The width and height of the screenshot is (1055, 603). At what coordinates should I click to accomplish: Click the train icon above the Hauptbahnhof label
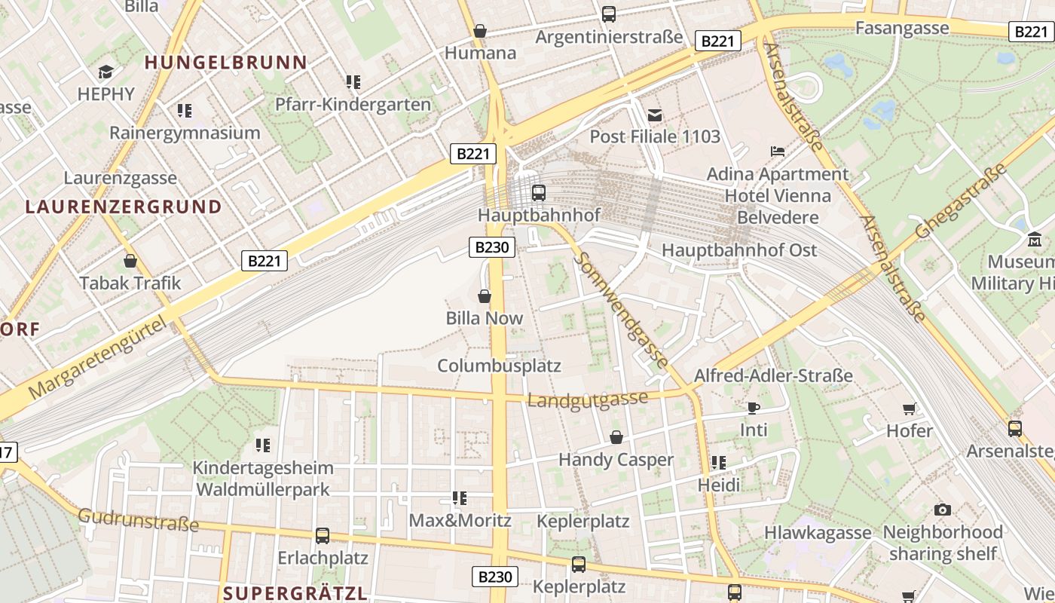pyautogui.click(x=538, y=192)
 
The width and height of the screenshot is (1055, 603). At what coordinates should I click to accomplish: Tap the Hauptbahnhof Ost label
pyautogui.click(x=738, y=250)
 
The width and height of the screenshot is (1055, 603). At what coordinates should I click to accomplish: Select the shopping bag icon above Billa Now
pyautogui.click(x=485, y=296)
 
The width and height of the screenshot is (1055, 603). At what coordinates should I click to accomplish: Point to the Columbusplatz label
pyautogui.click(x=499, y=366)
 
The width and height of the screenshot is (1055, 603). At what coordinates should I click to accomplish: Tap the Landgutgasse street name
pyautogui.click(x=587, y=399)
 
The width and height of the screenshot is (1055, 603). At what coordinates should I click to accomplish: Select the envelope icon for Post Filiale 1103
pyautogui.click(x=655, y=115)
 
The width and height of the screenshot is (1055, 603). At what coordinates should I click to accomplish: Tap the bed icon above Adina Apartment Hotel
pyautogui.click(x=778, y=152)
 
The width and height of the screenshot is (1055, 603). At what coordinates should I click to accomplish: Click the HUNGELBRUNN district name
pyautogui.click(x=225, y=63)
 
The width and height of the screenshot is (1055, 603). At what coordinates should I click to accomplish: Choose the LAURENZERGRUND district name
pyautogui.click(x=124, y=207)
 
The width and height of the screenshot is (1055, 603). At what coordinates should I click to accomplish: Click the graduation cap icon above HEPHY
pyautogui.click(x=105, y=72)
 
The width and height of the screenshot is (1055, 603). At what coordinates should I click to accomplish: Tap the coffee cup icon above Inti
pyautogui.click(x=753, y=408)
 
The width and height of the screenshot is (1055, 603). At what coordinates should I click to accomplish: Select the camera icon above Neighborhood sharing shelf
pyautogui.click(x=942, y=510)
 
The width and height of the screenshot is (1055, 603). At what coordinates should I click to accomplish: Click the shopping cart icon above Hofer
pyautogui.click(x=909, y=409)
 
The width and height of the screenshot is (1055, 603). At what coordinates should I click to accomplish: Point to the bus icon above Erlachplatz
pyautogui.click(x=323, y=535)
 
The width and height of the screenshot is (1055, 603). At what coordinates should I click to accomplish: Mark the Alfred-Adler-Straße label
pyautogui.click(x=773, y=375)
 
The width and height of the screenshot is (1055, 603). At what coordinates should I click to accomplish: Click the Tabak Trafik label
pyautogui.click(x=130, y=283)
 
